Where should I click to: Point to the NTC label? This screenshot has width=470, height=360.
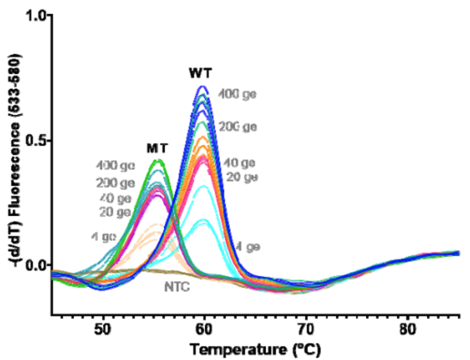point(179,287)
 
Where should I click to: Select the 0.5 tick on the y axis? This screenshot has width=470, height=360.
point(37,140)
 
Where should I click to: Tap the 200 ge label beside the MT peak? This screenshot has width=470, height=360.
point(115,183)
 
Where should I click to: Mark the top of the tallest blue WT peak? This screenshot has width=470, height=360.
point(203,86)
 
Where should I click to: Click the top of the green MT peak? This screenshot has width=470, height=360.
point(159,160)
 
